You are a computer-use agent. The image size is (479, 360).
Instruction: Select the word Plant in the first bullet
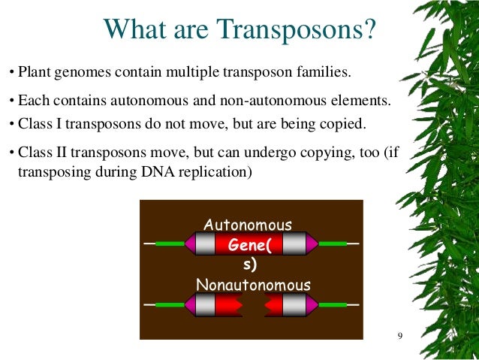pyautogui.click(x=35, y=74)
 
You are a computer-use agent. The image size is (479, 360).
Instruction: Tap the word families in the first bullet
pyautogui.click(x=323, y=74)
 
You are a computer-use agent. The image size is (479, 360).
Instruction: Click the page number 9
pyautogui.click(x=400, y=335)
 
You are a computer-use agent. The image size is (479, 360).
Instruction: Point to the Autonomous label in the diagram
pyautogui.click(x=248, y=224)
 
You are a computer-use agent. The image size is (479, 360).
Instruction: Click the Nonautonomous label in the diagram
pyautogui.click(x=252, y=285)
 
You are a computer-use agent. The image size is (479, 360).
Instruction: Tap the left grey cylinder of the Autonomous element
pyautogui.click(x=205, y=244)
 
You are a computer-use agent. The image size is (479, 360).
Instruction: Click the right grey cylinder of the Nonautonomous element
pyautogui.click(x=295, y=304)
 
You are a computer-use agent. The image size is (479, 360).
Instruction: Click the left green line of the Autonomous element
pyautogui.click(x=170, y=244)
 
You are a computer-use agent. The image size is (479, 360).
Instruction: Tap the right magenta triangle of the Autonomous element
pyautogui.click(x=312, y=244)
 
